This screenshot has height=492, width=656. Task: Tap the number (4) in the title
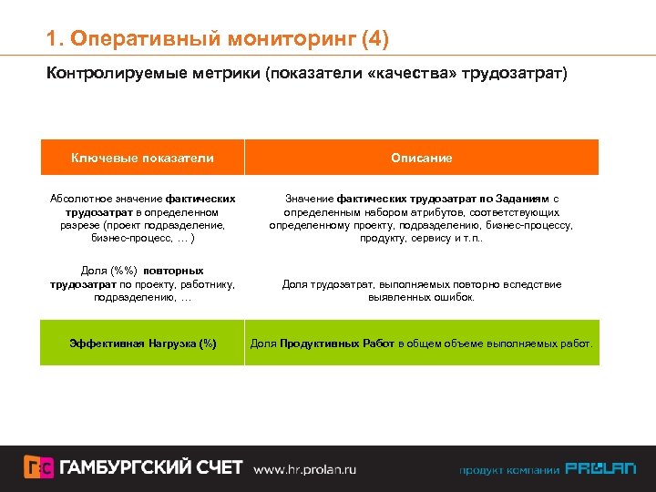[374, 39]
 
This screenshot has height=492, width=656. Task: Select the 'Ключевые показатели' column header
[142, 158]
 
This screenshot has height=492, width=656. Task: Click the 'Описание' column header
[421, 158]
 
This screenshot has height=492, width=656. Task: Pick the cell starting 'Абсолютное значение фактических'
[142, 218]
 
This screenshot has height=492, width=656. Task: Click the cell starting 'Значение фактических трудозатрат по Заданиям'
[421, 218]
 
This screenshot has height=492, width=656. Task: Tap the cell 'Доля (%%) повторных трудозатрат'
[142, 284]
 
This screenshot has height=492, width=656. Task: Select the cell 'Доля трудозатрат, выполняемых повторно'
[421, 291]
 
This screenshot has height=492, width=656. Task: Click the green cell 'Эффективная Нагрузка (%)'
[142, 343]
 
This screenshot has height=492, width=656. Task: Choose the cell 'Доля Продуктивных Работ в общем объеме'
[421, 343]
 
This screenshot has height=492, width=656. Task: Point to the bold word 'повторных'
[172, 272]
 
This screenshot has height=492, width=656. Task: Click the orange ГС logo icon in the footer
[38, 467]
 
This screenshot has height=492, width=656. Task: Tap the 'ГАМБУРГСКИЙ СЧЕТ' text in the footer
[151, 467]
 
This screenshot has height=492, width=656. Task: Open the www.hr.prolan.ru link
[304, 469]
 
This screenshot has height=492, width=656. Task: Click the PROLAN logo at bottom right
[600, 469]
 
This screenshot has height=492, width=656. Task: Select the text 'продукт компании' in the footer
[508, 470]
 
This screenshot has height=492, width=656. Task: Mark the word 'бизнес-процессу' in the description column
[535, 225]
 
